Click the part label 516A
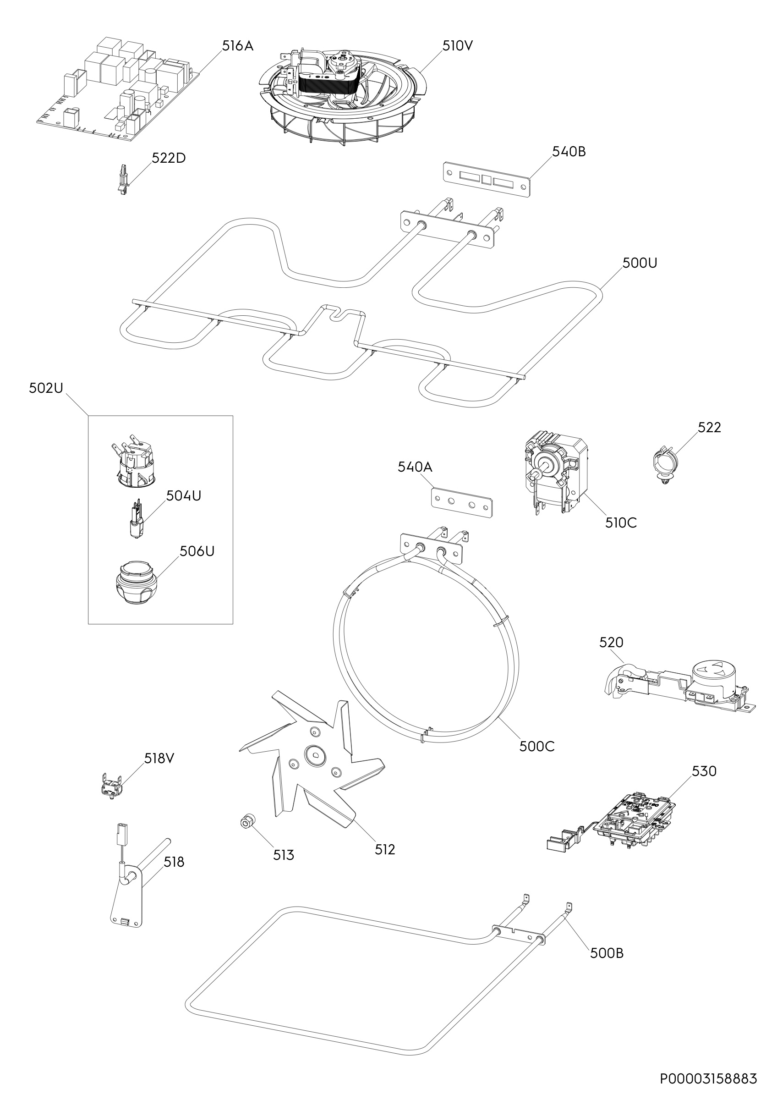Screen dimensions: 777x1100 237,46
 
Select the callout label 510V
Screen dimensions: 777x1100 457,46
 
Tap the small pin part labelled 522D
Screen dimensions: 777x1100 124,181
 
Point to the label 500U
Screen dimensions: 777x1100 640,263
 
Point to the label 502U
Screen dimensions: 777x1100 46,388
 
